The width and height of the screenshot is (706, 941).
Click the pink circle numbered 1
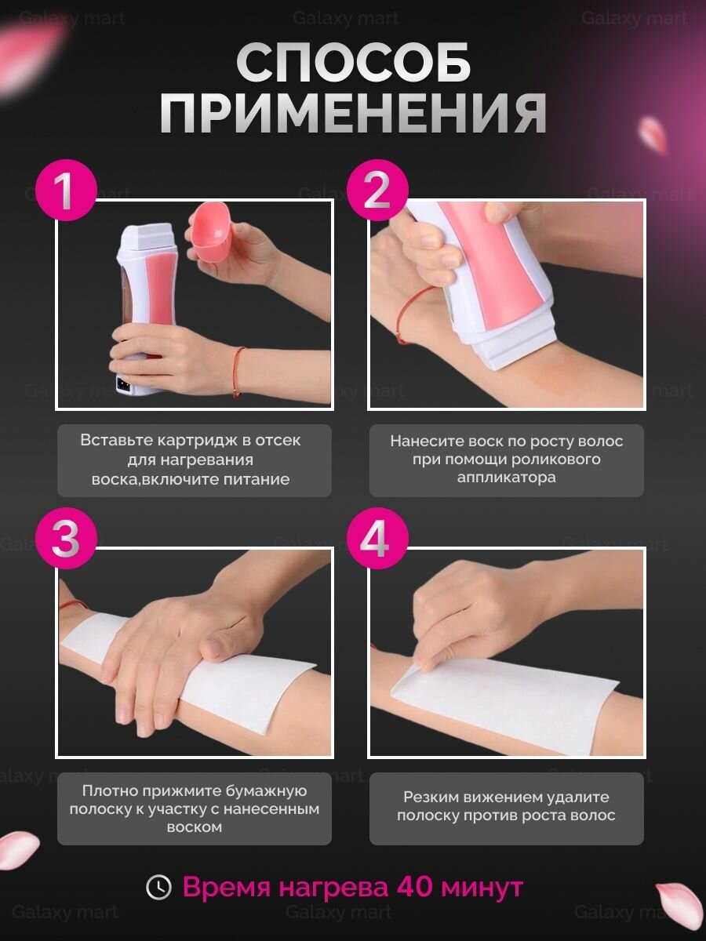click(66, 190)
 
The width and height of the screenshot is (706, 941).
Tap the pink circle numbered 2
click(377, 190)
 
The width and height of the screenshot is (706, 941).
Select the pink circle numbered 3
click(66, 539)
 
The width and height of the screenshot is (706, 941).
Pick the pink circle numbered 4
click(377, 539)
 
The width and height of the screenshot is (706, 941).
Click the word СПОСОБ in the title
click(354, 63)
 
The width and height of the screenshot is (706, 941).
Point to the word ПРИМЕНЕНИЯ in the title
click(354, 113)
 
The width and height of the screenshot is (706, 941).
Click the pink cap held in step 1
click(210, 232)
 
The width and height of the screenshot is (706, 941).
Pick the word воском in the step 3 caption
click(195, 827)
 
